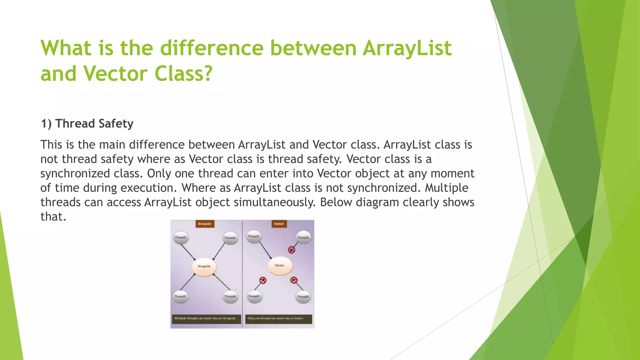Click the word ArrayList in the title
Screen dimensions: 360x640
pos(407,48)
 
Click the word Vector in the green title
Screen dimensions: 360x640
pos(115,74)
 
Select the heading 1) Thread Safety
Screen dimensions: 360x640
pos(87,124)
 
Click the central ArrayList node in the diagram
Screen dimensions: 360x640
pos(204,266)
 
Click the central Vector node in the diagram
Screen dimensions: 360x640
pos(280,266)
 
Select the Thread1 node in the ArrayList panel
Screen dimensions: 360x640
pos(180,237)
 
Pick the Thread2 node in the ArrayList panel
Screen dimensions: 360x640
pos(230,238)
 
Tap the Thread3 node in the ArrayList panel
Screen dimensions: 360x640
pos(180,296)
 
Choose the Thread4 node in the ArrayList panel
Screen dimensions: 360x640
pos(230,296)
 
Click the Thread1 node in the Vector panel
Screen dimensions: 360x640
pos(253,237)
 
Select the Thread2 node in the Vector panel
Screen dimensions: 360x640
pos(303,238)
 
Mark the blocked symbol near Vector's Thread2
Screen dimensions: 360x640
pos(292,249)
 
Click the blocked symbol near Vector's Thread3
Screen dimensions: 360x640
pos(263,280)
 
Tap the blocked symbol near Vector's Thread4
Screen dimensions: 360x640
pos(294,280)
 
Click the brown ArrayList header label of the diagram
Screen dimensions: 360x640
pos(205,224)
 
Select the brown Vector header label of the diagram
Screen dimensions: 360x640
pos(279,224)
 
